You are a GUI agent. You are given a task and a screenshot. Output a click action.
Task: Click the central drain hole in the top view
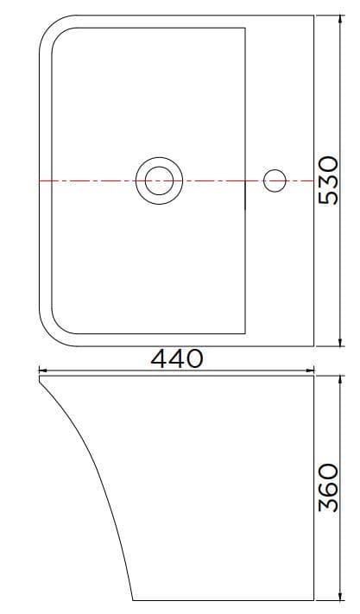(159, 180)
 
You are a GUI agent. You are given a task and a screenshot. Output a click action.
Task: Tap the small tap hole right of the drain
(275, 180)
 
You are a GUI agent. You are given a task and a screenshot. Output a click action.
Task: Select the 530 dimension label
(330, 180)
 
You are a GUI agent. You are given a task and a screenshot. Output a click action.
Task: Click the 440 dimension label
(177, 358)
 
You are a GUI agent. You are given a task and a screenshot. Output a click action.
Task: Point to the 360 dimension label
(328, 488)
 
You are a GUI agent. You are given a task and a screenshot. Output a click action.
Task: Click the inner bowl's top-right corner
(247, 28)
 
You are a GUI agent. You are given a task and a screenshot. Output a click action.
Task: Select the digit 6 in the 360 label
(328, 488)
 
